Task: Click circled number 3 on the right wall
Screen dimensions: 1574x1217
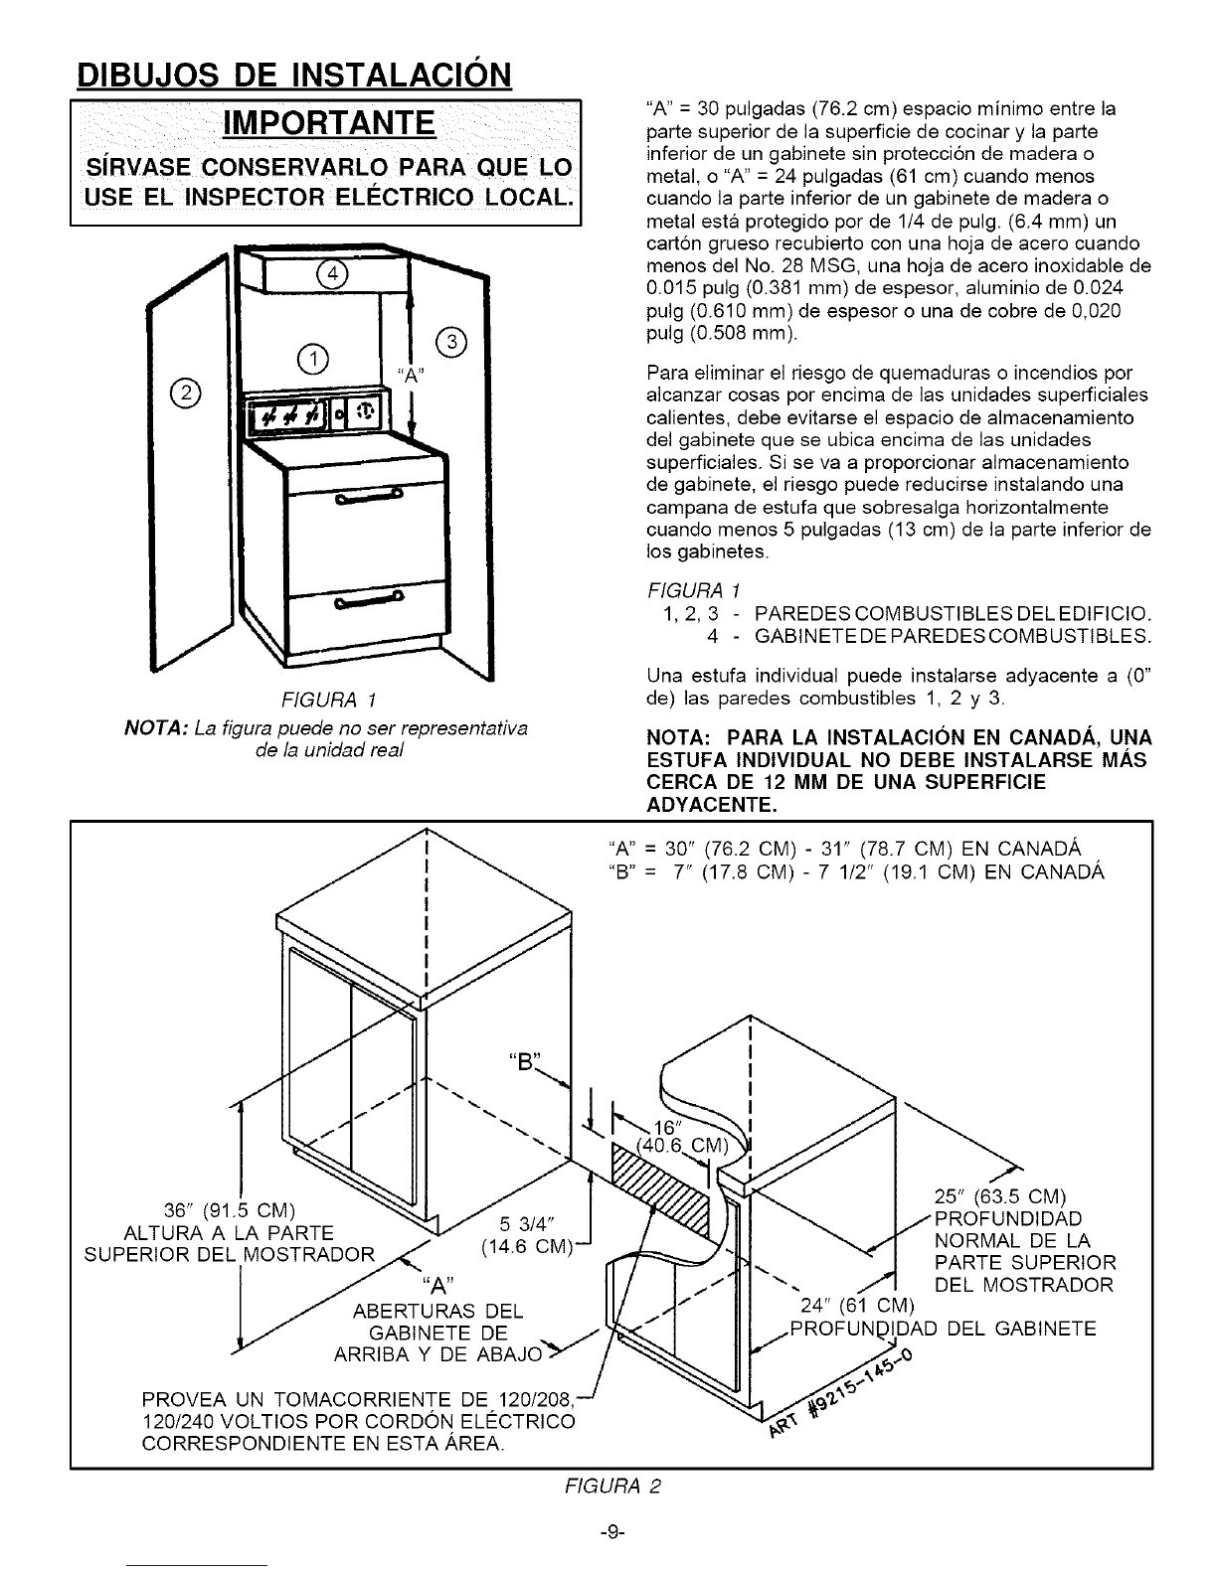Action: pos(453,344)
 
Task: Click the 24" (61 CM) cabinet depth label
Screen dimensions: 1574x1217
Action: pos(856,1305)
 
